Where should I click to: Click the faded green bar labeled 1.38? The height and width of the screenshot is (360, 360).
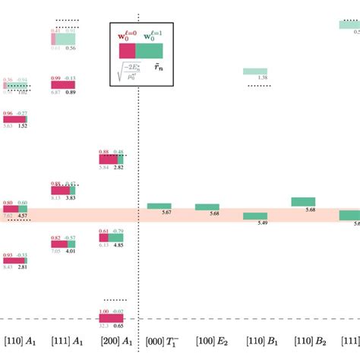point(255,71)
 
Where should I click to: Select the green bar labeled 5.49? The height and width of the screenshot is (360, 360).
point(255,216)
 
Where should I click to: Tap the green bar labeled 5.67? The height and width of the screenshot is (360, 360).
point(159,206)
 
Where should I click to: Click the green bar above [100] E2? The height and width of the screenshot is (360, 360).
point(207,207)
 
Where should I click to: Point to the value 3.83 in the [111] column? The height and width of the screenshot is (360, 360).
point(70,197)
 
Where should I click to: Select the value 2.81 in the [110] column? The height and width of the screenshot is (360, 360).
point(23,267)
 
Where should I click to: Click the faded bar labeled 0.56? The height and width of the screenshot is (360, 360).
point(65,39)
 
